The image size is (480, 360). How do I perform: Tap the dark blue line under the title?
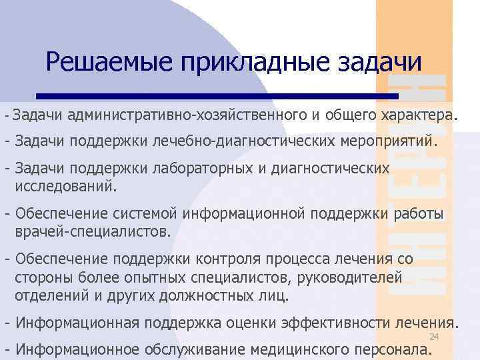217,95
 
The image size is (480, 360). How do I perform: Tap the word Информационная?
77,323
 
